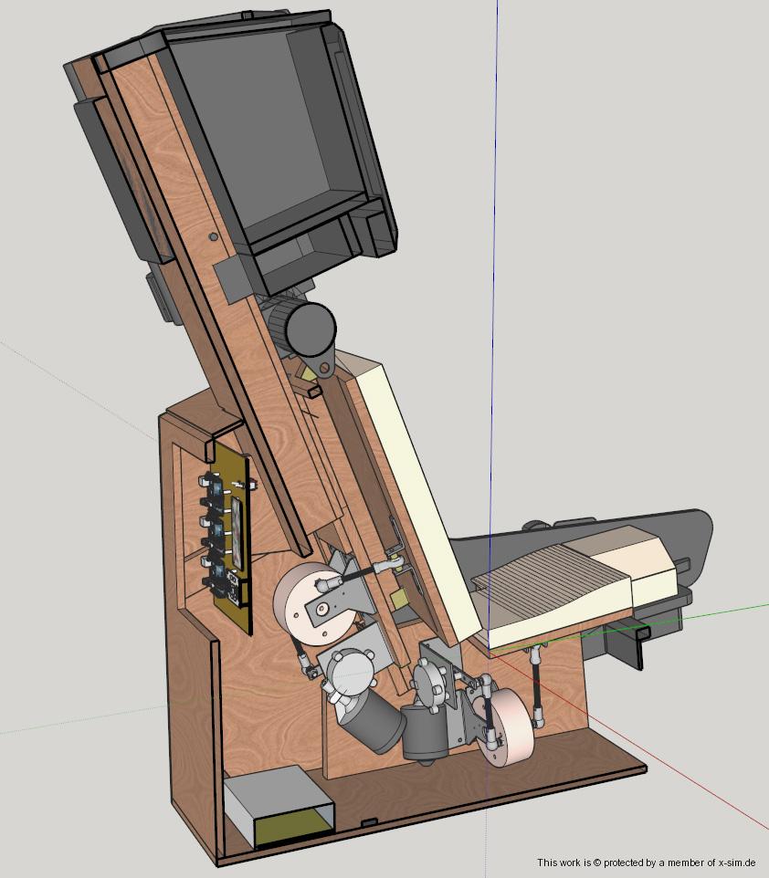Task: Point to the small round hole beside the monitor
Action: point(213,237)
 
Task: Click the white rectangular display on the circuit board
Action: point(237,532)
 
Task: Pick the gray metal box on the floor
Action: point(279,805)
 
